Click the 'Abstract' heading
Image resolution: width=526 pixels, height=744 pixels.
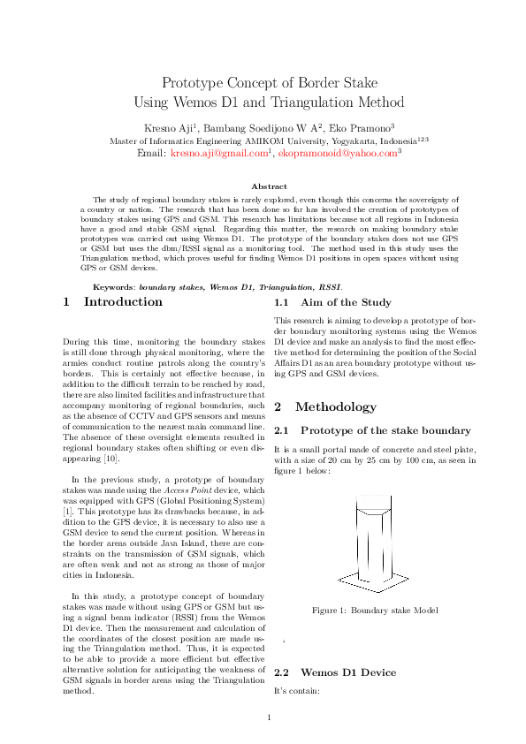click(269, 186)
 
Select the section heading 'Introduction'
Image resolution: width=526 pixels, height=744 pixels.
click(123, 302)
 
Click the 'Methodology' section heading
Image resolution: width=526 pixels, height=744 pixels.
click(335, 407)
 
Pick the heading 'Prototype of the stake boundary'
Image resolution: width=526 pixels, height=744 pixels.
click(385, 430)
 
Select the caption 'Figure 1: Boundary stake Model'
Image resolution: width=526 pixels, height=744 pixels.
click(375, 611)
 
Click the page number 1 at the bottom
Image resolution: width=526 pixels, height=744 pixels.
click(269, 717)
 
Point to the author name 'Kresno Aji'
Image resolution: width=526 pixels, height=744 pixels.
click(166, 127)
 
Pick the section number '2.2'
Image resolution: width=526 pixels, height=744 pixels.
click(283, 672)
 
